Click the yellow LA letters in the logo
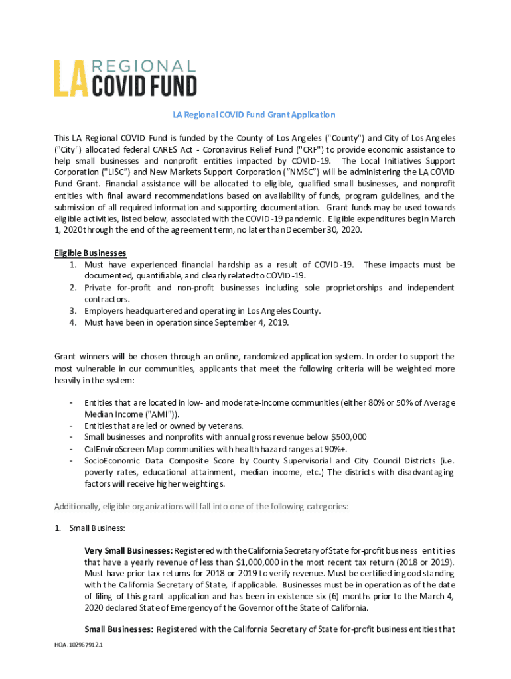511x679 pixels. (x=70, y=79)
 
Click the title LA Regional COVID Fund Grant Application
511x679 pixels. (x=255, y=115)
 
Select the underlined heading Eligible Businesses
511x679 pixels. (x=90, y=253)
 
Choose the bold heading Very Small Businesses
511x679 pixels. (x=128, y=551)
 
